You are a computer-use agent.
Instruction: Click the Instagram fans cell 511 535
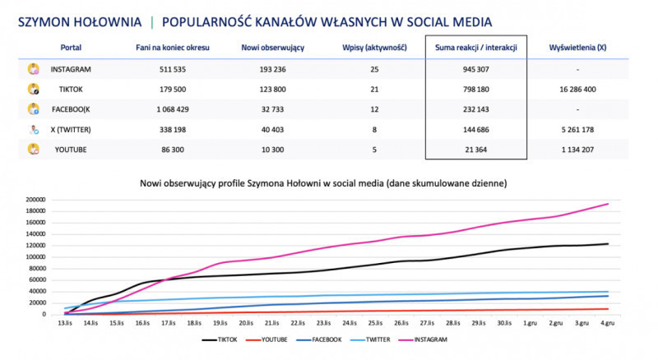click(173, 69)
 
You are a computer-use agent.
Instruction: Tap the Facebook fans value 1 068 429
click(173, 108)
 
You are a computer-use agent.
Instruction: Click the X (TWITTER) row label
click(72, 128)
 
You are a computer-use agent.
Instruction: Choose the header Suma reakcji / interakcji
click(476, 48)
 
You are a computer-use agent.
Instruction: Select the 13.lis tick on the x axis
click(64, 324)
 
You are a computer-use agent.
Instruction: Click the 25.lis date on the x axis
click(374, 324)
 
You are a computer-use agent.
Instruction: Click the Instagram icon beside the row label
click(34, 69)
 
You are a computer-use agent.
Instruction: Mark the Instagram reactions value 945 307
click(476, 69)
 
